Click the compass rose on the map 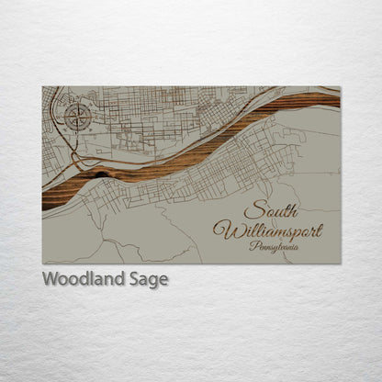click(77, 117)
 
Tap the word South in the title click(271, 209)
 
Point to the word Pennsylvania click(275, 245)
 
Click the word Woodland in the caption click(80, 279)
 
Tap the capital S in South click(252, 209)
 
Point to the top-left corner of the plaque click(42, 86)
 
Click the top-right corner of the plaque click(340, 86)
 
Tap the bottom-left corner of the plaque click(42, 264)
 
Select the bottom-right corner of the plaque click(340, 264)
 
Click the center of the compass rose click(77, 117)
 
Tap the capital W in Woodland click(51, 279)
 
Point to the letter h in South click(292, 208)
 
